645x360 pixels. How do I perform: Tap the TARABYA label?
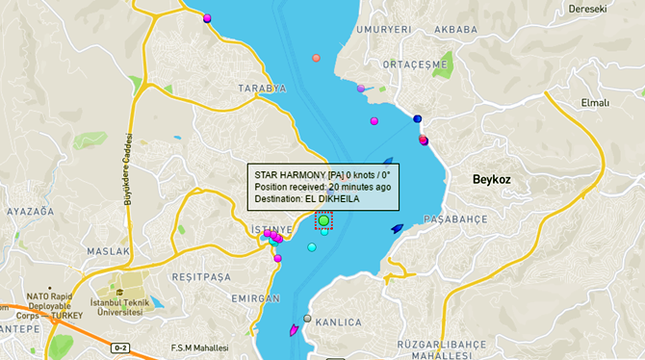click(264, 88)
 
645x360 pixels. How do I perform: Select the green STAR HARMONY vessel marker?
click(324, 220)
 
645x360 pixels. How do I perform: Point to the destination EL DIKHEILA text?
click(332, 198)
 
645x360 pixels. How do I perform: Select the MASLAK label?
click(108, 251)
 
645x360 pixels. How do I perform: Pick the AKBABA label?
click(455, 30)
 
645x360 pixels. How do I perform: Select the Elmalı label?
click(595, 103)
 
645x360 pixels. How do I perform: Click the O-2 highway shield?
click(120, 347)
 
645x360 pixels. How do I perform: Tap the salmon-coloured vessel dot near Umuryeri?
click(316, 58)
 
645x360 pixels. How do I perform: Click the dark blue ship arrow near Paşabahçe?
click(397, 229)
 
